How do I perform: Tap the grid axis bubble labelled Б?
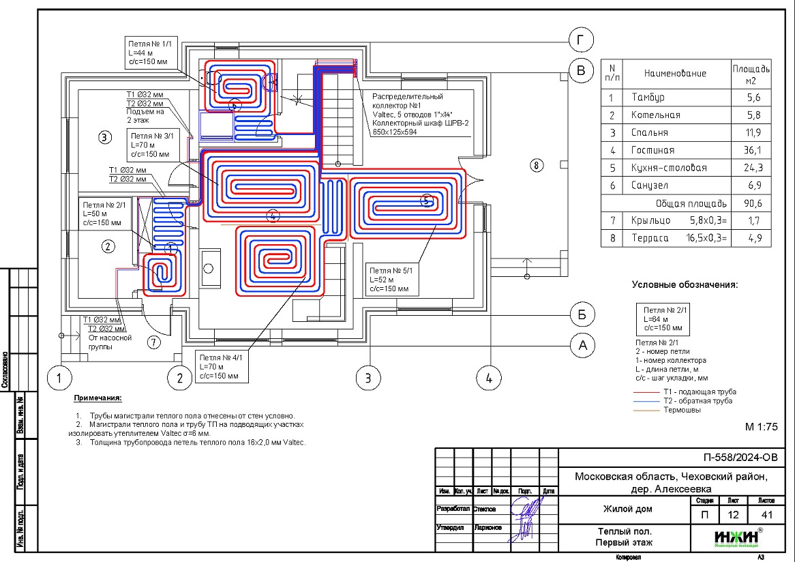582,314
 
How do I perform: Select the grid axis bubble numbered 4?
488,377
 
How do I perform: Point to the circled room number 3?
104,137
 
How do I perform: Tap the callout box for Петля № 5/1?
392,280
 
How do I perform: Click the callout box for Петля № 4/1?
222,366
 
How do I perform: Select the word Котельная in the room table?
655,115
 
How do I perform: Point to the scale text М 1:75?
761,427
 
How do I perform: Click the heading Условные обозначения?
685,284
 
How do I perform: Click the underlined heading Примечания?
97,398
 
